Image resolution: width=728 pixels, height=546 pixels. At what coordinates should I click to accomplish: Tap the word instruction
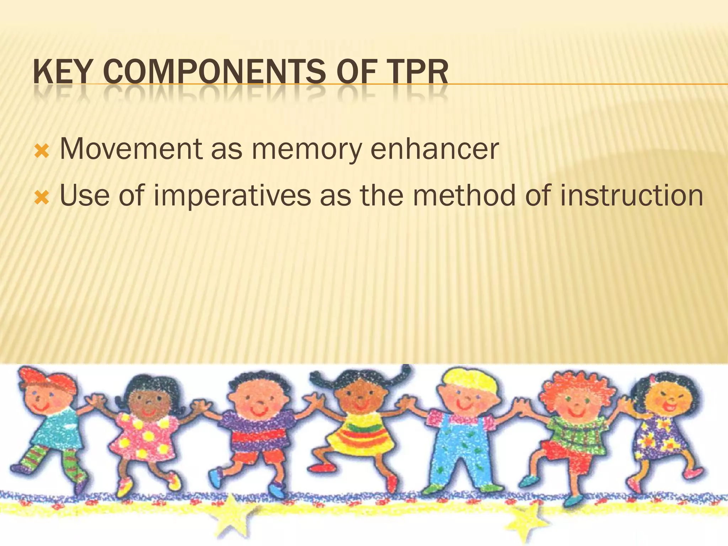(x=631, y=196)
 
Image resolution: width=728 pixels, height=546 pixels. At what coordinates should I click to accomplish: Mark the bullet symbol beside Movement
(x=41, y=152)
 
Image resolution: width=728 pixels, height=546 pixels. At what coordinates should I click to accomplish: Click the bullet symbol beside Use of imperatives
(x=41, y=198)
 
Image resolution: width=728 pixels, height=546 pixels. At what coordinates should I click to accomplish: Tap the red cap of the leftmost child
(x=46, y=380)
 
